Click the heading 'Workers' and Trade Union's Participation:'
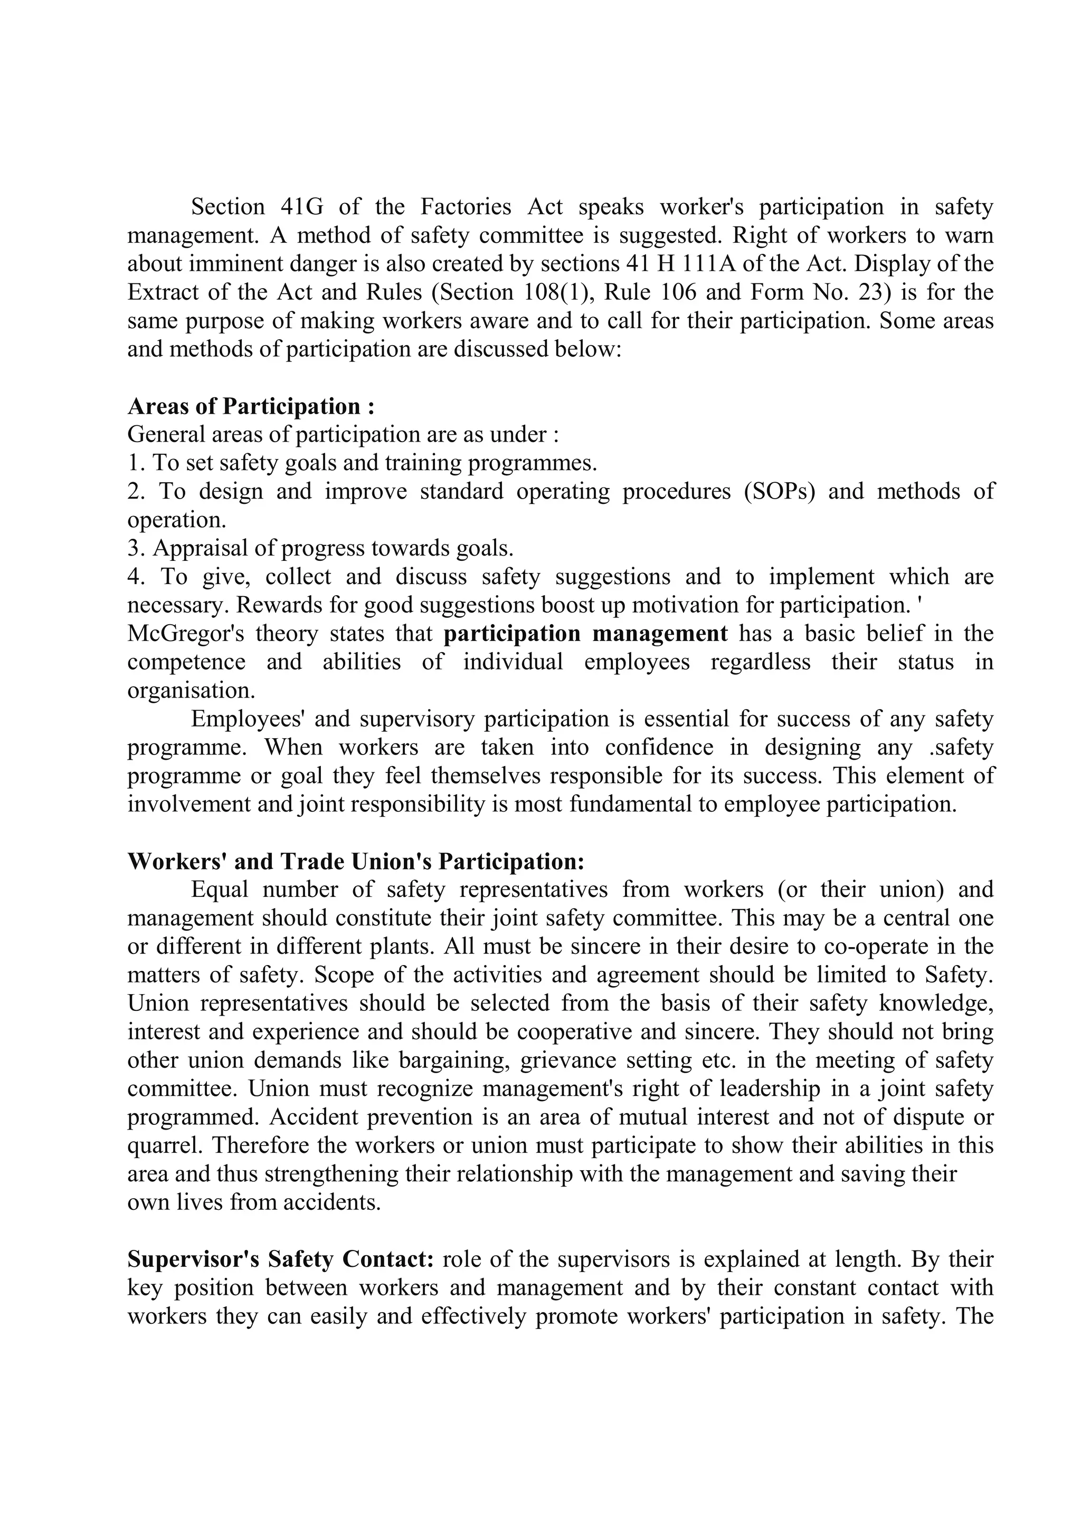click(355, 861)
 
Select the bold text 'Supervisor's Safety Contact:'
click(280, 1259)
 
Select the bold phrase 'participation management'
click(586, 634)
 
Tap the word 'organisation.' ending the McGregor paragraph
click(191, 690)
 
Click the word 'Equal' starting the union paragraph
click(219, 889)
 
